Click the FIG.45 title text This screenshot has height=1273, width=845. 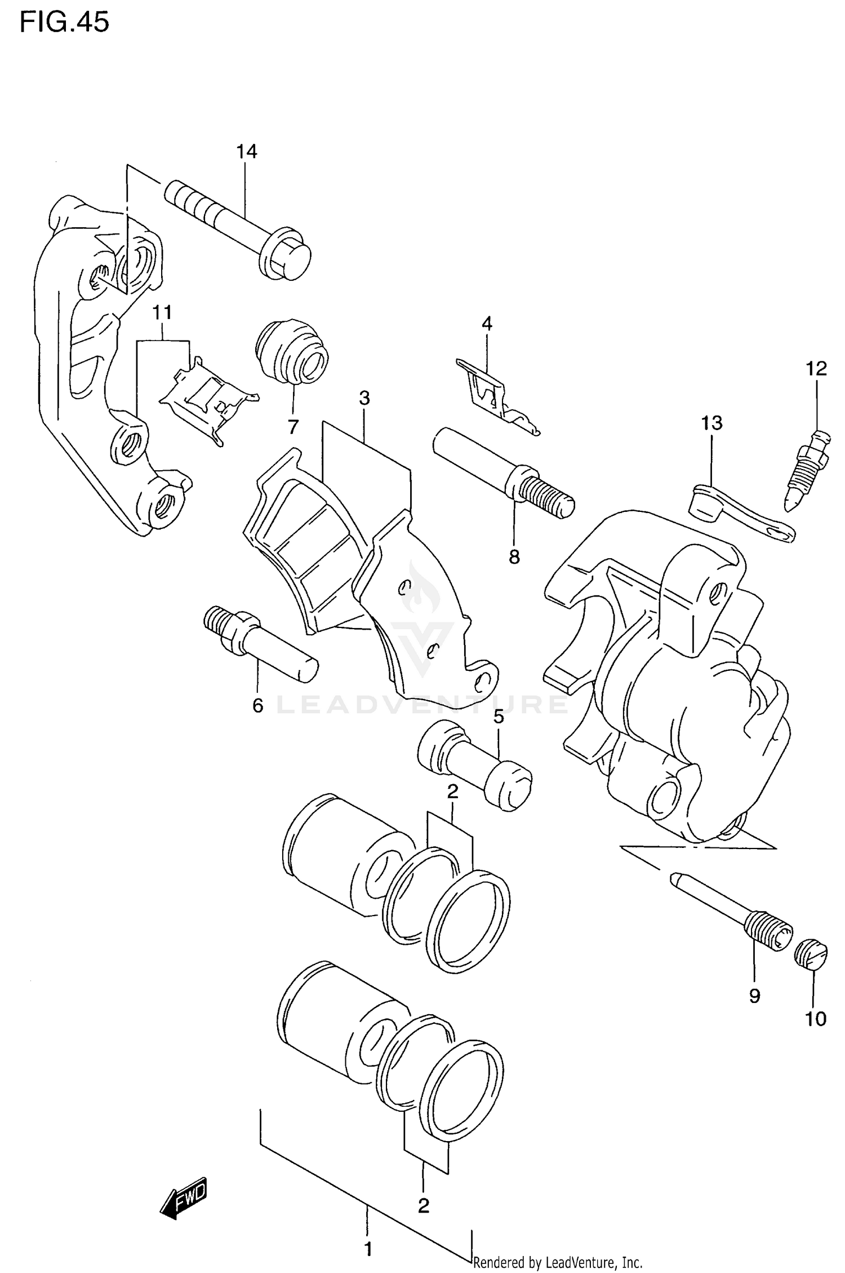point(64,23)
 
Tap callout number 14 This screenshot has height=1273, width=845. point(246,152)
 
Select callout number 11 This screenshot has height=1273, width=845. point(162,312)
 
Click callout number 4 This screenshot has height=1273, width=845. point(487,324)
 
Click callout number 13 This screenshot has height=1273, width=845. point(711,422)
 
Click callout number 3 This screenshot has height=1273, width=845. point(364,398)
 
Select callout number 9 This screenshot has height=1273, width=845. point(755,996)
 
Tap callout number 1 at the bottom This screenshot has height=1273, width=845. point(368,1249)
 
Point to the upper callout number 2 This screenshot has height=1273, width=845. point(452,792)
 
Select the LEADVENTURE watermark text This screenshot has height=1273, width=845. point(422,705)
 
